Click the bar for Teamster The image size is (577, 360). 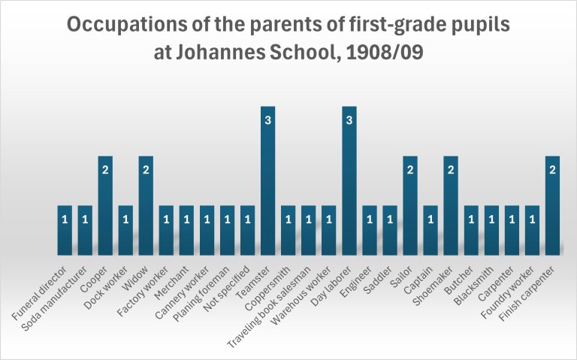pos(268,180)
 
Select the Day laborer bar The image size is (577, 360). pos(349,180)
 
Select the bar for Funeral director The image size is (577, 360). pos(65,230)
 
